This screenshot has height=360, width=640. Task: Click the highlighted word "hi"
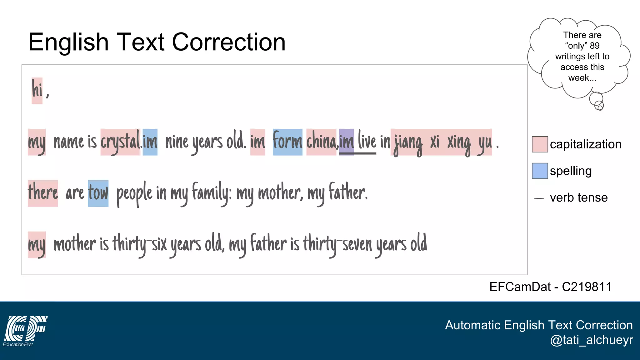point(37,90)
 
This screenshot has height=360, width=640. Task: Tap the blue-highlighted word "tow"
point(98,193)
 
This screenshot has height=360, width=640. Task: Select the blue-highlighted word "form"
point(287,142)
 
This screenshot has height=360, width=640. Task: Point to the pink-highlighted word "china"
point(321,142)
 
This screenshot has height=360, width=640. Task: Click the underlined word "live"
point(367,141)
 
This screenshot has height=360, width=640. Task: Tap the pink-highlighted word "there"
point(43,193)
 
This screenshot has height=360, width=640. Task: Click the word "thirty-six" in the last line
point(140,244)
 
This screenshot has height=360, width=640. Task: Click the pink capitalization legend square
point(540,144)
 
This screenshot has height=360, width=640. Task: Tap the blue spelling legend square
point(540,171)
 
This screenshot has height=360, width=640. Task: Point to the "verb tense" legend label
point(579,197)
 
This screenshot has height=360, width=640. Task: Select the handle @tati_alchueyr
point(591,340)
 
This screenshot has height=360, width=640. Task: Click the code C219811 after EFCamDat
point(587,287)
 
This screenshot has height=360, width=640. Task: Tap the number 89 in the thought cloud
point(594,46)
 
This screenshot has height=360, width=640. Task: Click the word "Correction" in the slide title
point(229,42)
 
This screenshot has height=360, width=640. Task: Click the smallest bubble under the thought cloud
point(600,108)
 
